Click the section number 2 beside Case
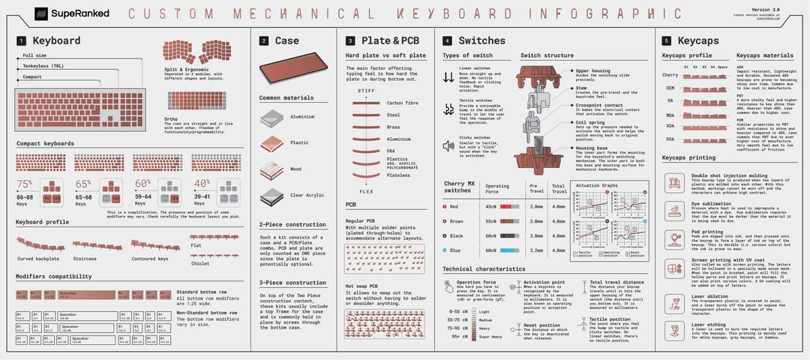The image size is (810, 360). point(263,41)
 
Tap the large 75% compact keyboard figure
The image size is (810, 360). point(25,184)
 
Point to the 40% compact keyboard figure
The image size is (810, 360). point(202,184)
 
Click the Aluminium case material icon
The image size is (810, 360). point(271,118)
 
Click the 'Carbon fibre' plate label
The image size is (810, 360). point(403,103)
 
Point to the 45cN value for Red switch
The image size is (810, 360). point(491,206)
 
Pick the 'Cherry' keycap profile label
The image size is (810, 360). point(670,75)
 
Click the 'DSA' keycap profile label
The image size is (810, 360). point(670,139)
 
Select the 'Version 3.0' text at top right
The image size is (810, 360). point(785,8)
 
